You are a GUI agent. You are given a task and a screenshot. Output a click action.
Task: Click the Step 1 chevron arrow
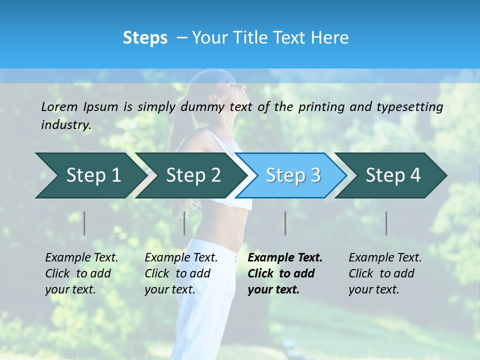90,175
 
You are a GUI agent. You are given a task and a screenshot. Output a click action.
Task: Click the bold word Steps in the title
145,38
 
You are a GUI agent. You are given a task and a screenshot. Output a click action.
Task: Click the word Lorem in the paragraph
59,107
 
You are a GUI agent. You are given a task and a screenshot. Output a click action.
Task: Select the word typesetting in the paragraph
408,107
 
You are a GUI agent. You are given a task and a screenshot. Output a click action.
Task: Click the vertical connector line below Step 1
84,223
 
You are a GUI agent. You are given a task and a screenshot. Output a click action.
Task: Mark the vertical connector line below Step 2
184,223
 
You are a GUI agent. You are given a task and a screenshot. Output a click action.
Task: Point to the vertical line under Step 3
285,223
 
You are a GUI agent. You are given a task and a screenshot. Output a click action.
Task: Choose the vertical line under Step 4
386,223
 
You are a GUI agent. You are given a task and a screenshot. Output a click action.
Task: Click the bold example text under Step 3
284,273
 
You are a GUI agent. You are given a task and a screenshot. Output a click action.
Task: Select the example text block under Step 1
81,273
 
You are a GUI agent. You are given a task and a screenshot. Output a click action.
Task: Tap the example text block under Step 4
384,273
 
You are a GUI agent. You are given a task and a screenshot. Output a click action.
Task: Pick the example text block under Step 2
181,273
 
